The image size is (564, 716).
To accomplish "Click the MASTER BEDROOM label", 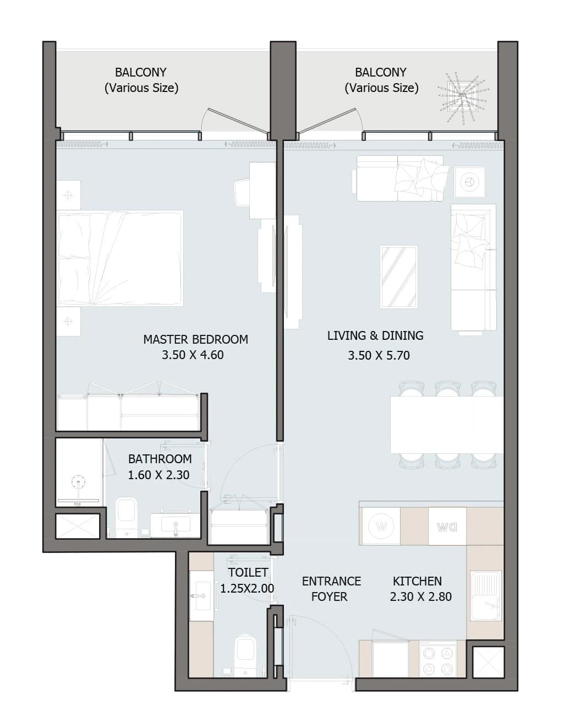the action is pos(195,339).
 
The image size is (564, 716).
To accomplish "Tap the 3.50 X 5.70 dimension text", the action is pos(379,356).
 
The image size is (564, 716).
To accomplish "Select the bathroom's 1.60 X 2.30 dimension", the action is pos(158,475).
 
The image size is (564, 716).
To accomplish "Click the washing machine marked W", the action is pos(381,526).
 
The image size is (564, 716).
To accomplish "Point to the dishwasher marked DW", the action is pos(447,526).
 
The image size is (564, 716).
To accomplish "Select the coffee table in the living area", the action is pos(399,277).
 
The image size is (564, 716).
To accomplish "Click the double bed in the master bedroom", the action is pos(120,258).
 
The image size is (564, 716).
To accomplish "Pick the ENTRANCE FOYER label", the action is pos(331,589).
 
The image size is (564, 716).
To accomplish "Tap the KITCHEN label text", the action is pos(417,581).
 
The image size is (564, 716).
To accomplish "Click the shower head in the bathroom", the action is pos(79,481).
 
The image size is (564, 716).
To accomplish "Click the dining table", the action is pos(447,425).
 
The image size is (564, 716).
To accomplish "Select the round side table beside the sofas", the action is pos(469,182).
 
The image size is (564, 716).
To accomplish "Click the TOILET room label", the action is pos(248,572).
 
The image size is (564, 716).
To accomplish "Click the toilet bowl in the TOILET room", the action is pos(245,654).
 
